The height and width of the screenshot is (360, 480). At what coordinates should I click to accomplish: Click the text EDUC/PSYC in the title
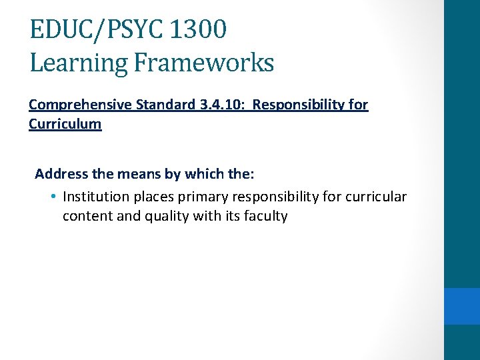95,30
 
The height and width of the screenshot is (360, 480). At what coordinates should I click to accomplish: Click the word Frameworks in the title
203,63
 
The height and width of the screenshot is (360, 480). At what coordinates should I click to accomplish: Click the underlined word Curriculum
65,124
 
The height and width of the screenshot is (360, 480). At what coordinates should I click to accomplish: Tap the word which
201,174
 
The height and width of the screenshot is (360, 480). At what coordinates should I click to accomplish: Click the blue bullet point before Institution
53,197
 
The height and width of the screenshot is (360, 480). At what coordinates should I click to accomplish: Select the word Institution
95,197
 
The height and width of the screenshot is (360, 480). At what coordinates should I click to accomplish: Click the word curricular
377,197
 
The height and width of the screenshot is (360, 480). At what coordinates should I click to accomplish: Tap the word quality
164,216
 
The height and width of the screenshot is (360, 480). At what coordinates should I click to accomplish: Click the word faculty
265,216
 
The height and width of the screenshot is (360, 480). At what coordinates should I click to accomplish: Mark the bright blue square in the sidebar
462,306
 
